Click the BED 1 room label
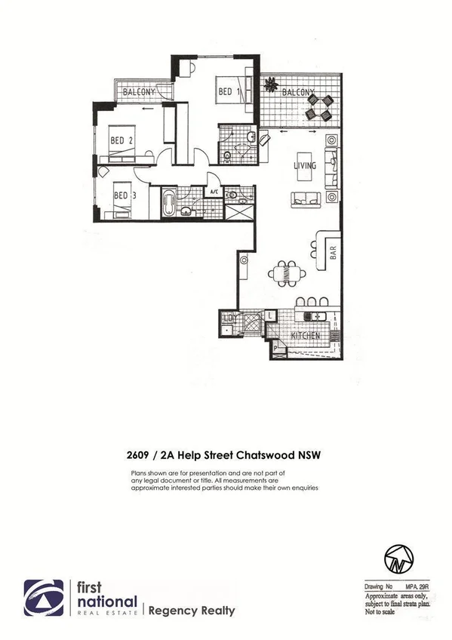(x=229, y=92)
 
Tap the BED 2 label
(x=121, y=140)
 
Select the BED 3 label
(x=125, y=194)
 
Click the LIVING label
(x=305, y=165)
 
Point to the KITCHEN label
(x=306, y=334)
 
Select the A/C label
(x=214, y=192)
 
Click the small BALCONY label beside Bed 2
(x=140, y=92)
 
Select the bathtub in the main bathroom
(x=169, y=204)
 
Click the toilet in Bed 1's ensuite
(x=229, y=156)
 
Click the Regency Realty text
(x=192, y=611)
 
